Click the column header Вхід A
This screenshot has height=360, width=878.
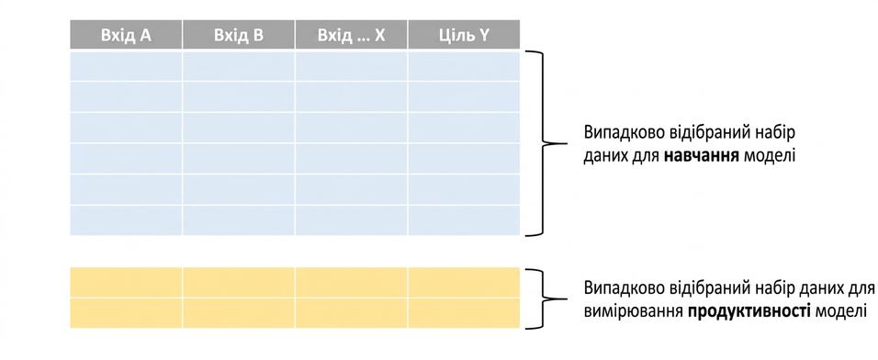(126, 35)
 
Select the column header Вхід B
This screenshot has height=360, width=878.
(239, 35)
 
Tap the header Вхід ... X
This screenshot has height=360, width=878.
(351, 35)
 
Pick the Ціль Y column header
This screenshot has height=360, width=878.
(464, 35)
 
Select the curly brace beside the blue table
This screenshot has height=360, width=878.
(543, 143)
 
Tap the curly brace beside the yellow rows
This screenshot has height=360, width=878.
(543, 298)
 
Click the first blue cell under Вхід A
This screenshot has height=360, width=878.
(126, 66)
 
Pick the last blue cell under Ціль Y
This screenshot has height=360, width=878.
(464, 220)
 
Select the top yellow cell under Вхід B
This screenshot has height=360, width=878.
(239, 282)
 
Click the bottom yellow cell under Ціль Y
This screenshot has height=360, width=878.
(464, 313)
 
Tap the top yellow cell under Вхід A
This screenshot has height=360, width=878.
(126, 282)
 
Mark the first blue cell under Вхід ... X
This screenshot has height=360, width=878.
(351, 66)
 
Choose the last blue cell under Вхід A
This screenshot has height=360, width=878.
(126, 220)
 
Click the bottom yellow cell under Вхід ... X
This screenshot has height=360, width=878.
(351, 313)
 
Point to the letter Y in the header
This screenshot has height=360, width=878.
(484, 35)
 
